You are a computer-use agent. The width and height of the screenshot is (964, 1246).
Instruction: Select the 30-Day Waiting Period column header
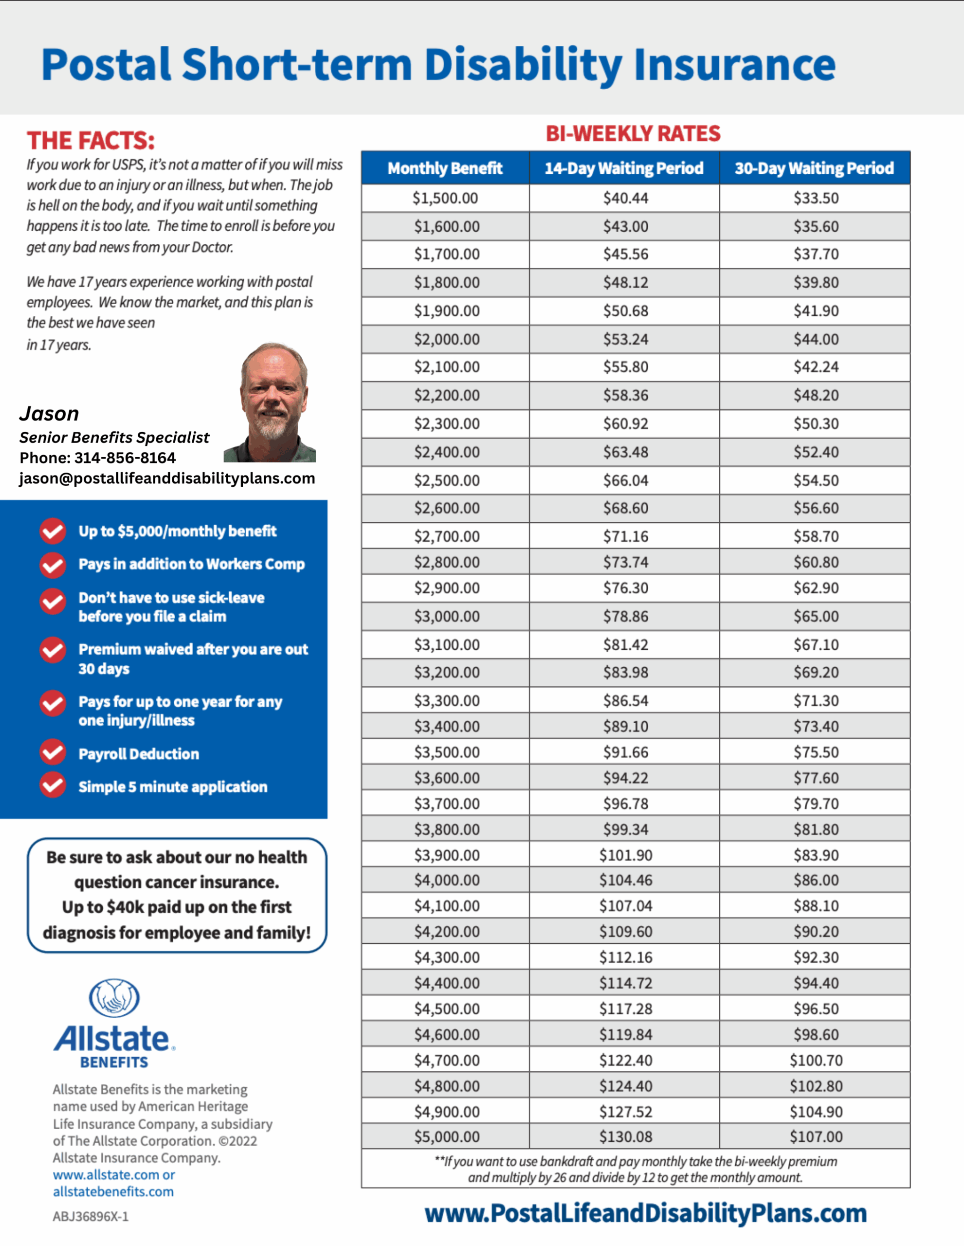pyautogui.click(x=814, y=168)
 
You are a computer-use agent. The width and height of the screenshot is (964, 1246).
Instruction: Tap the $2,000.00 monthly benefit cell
pyautogui.click(x=447, y=339)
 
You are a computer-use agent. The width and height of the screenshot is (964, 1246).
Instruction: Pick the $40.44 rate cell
pyautogui.click(x=626, y=199)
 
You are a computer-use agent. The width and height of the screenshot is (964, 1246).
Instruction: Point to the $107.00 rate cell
pyautogui.click(x=816, y=1136)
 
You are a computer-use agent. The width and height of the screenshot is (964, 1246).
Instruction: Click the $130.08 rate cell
pyautogui.click(x=625, y=1136)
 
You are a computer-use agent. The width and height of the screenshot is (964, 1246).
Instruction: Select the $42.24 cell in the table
pyautogui.click(x=816, y=367)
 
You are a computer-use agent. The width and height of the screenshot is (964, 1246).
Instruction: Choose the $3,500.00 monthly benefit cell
pyautogui.click(x=447, y=752)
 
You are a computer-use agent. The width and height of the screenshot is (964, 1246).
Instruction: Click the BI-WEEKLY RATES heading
pyautogui.click(x=633, y=133)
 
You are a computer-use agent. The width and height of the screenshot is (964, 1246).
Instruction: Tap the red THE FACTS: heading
pyautogui.click(x=91, y=140)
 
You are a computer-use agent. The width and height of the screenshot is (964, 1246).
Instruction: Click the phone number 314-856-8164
pyautogui.click(x=125, y=458)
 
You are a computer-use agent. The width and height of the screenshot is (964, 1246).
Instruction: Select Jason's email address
pyautogui.click(x=167, y=478)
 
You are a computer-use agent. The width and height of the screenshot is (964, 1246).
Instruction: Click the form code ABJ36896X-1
pyautogui.click(x=91, y=1216)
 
